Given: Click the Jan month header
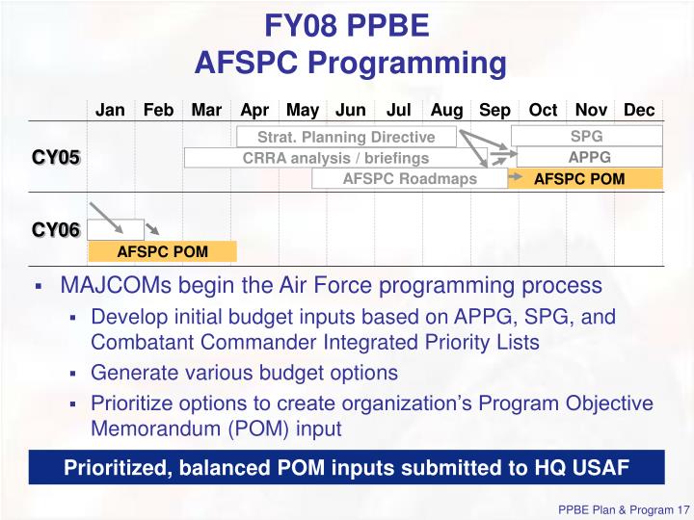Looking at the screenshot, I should point(110,110).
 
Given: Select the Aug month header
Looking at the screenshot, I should point(447,110).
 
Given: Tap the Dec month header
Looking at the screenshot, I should point(639,110).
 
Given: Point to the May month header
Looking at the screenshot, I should point(303,110).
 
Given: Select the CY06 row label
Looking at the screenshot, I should point(56,230).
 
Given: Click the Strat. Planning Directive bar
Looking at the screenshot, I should point(345,137).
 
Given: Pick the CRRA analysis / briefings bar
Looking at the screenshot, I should point(335,158).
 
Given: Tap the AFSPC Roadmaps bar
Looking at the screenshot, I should point(410,179).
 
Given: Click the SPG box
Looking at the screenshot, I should point(586,136).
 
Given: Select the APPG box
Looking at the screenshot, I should point(589,157).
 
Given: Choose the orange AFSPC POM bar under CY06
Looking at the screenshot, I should point(162,251).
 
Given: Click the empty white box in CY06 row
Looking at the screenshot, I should point(116,229).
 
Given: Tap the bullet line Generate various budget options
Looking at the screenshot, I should point(244,373).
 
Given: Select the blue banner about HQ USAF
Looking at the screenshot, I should point(346,468).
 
